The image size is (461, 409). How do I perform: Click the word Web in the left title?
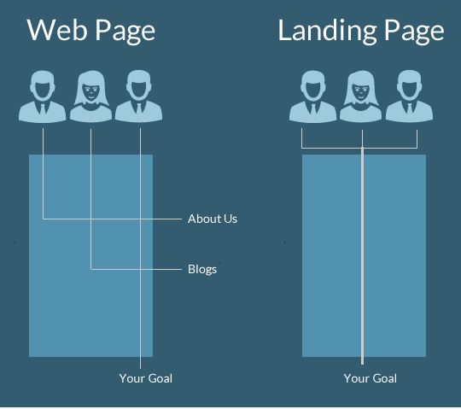coord(57,30)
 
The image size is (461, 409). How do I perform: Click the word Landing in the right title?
coord(327,32)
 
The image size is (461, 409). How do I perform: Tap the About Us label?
coord(213,219)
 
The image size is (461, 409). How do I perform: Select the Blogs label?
coord(202,269)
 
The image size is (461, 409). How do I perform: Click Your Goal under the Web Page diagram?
coord(145,378)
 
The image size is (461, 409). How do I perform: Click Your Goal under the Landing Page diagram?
coord(371,378)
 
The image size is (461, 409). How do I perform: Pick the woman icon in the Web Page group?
coord(90,96)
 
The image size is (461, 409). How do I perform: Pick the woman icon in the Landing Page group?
coord(361,96)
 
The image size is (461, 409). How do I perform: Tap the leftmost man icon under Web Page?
coord(43,96)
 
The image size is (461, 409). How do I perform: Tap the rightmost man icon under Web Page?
coord(138,96)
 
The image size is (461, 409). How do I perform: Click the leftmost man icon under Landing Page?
coord(312,96)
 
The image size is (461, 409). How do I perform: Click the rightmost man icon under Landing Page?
coord(409,96)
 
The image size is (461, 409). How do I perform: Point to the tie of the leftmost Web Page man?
coord(43,108)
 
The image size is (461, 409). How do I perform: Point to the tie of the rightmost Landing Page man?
coord(410,108)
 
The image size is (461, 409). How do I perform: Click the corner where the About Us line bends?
coord(44,219)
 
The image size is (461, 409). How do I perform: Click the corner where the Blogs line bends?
coord(90,269)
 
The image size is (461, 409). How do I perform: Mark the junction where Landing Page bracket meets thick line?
coord(362,148)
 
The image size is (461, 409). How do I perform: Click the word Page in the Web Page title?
coord(125,32)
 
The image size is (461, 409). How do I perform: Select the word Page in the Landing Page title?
coord(414,32)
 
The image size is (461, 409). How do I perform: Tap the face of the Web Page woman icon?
coord(90,91)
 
